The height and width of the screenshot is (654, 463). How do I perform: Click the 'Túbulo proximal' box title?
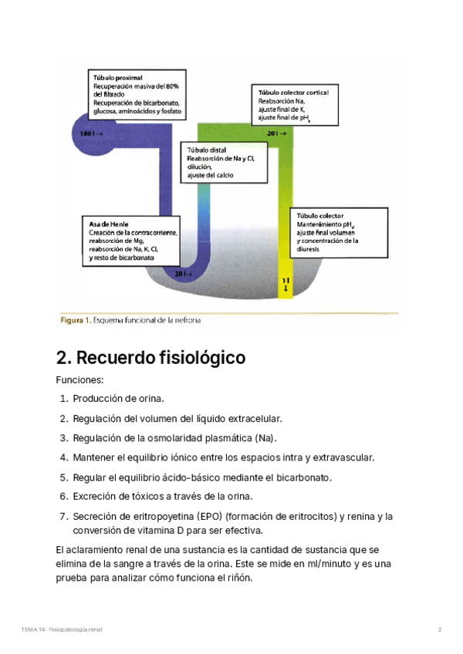pos(117,79)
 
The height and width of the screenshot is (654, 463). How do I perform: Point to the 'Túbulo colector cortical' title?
pos(293,93)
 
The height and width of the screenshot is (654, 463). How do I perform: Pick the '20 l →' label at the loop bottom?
pos(184,274)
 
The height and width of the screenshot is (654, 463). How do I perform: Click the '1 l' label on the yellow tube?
pos(286,279)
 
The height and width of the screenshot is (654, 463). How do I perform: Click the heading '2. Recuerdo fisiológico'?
pos(151,358)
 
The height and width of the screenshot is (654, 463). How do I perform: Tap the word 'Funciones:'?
pos(79,380)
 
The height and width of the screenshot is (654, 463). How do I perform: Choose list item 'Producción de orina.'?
pos(119,399)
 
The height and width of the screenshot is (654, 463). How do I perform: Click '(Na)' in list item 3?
pos(264,438)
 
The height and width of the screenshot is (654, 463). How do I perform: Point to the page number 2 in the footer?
pos(439,630)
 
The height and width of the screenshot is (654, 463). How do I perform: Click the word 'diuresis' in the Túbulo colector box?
pos(309,248)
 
